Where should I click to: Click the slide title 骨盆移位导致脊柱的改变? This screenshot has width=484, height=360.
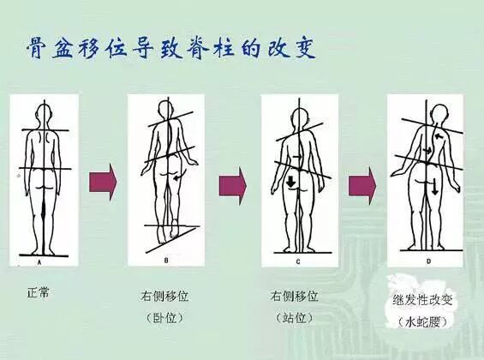(170, 49)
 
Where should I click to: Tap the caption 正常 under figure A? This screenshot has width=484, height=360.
(38, 292)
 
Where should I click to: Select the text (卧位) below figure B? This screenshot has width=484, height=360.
(164, 317)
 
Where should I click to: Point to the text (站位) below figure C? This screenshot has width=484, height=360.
(294, 317)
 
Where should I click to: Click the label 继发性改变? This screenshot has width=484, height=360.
(422, 300)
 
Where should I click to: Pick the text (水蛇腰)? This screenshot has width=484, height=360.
(422, 322)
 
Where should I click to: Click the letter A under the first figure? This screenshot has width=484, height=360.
(39, 262)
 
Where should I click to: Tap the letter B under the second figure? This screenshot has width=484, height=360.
(166, 261)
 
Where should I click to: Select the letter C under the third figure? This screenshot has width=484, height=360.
(298, 261)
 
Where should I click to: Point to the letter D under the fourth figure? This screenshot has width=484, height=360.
(428, 261)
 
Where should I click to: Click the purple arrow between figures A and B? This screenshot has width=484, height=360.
(103, 183)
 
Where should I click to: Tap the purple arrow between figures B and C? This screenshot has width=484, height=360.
(233, 186)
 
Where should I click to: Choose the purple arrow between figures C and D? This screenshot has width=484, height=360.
(362, 186)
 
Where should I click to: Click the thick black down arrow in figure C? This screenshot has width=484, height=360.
(290, 181)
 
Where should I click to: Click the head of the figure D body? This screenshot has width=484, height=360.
(439, 115)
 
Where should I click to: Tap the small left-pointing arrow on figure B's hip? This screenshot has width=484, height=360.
(178, 177)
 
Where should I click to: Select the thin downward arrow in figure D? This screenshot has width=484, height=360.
(434, 186)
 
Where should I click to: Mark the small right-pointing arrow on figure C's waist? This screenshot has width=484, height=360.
(297, 157)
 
